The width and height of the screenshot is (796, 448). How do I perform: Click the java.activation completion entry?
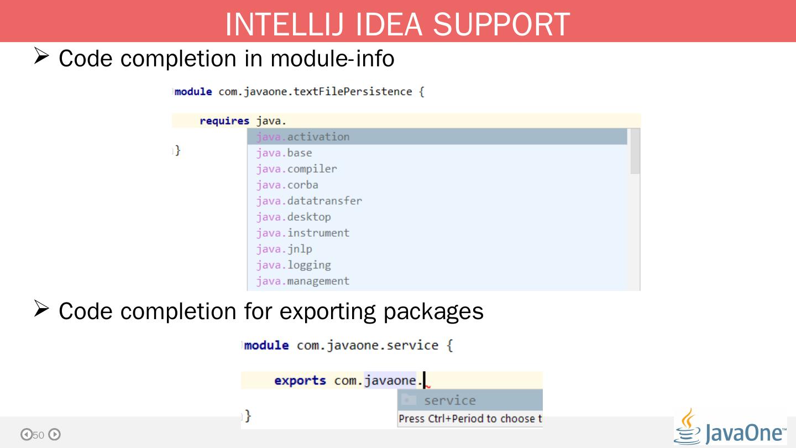[x=302, y=137]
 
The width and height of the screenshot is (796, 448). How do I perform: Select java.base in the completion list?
[x=284, y=153]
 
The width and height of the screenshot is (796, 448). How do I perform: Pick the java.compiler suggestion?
[x=296, y=169]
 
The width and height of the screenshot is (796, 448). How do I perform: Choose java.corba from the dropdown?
[x=287, y=185]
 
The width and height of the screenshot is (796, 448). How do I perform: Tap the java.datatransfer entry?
[x=309, y=201]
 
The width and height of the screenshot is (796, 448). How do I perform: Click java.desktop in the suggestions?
[x=294, y=217]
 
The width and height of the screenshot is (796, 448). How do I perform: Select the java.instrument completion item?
[x=302, y=233]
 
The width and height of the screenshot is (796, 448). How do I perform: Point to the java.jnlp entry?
[x=284, y=249]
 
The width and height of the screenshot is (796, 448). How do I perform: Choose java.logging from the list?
[x=294, y=265]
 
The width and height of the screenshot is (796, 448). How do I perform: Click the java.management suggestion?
[x=302, y=281]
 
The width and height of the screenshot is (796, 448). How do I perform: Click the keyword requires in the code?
[x=224, y=121]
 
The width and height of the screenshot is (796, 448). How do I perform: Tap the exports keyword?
[x=300, y=381]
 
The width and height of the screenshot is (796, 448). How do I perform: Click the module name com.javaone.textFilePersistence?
[x=315, y=92]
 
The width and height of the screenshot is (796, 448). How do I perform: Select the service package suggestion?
[x=449, y=400]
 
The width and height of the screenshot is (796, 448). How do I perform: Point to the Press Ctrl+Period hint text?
[x=470, y=419]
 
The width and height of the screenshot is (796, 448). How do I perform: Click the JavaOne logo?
[x=730, y=428]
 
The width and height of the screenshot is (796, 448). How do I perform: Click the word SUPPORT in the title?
[x=501, y=24]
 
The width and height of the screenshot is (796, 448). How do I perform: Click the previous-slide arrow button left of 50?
[x=26, y=435]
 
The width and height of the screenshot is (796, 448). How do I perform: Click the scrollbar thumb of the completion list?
[x=635, y=152]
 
